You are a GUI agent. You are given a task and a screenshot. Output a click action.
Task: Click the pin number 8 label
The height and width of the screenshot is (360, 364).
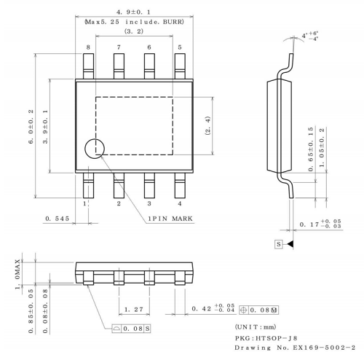coord(88,47)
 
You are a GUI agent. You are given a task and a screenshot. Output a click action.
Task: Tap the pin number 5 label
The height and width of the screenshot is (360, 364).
coord(180,47)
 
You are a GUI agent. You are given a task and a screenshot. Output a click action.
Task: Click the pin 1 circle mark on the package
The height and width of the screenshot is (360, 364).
coord(95,149)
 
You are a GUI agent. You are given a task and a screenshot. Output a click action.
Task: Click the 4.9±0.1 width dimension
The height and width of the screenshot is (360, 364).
coord(133,12)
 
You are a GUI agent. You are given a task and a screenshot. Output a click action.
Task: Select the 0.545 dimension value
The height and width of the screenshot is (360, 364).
coord(57,218)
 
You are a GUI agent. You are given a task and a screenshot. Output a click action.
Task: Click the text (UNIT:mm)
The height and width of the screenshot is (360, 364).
coord(257,326)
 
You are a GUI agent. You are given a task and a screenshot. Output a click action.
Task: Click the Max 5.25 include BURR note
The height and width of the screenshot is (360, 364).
coord(133,23)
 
